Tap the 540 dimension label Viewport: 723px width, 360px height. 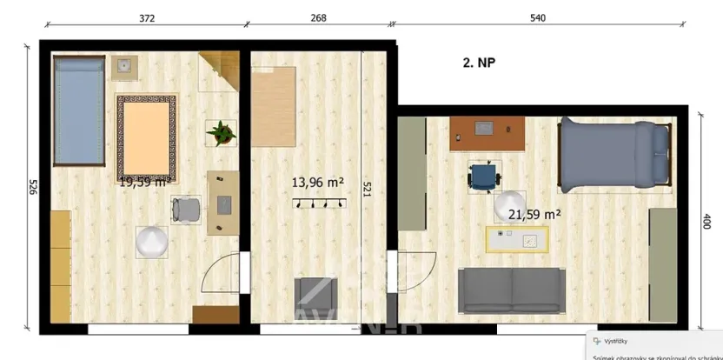[540, 17]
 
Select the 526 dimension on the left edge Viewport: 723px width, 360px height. [33, 186]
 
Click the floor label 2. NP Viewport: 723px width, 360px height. [479, 62]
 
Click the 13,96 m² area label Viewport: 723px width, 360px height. [317, 183]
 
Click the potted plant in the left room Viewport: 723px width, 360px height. [221, 133]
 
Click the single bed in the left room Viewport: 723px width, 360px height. [79, 110]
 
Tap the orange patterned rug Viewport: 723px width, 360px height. [147, 137]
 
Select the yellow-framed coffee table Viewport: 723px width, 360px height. [517, 238]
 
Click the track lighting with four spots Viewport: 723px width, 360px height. [318, 203]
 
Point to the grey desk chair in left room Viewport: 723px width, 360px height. [185, 210]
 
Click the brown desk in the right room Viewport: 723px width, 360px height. [487, 134]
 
